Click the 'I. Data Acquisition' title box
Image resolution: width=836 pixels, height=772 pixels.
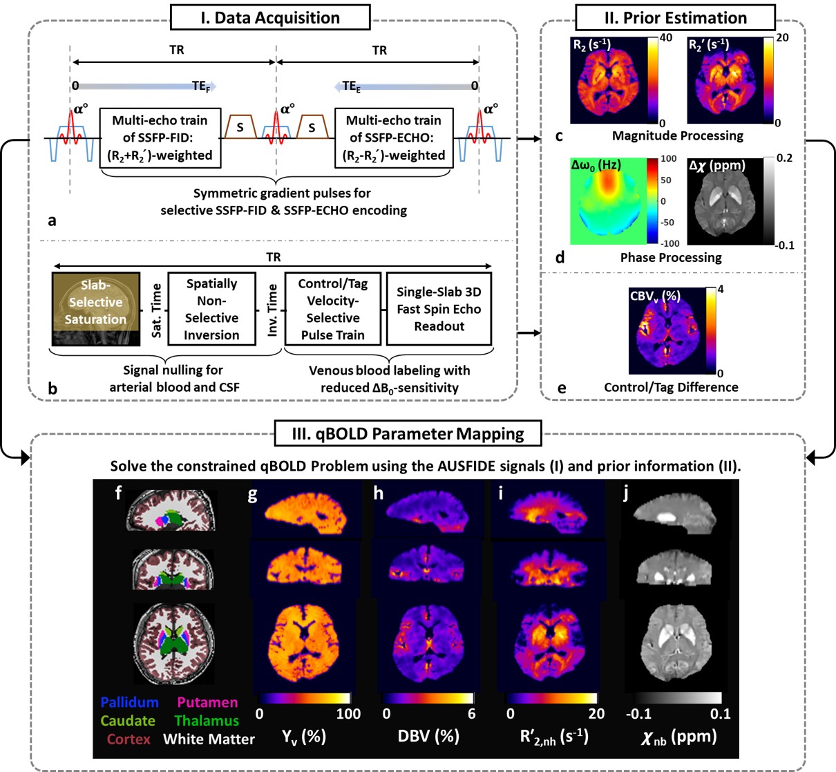pos(270,18)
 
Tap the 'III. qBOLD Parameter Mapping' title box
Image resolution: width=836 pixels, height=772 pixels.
pos(408,434)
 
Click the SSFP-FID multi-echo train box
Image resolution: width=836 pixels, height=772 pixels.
pos(160,138)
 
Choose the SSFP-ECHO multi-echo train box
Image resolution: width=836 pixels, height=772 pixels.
pos(394,138)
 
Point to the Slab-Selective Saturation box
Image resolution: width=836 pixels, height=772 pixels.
pos(95,308)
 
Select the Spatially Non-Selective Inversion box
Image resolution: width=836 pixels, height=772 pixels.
pos(211,308)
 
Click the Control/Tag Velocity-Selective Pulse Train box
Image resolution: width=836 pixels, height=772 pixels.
pos(333,308)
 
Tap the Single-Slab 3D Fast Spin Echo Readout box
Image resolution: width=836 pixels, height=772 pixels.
pos(439,308)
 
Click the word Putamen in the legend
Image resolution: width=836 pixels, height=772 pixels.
pos(207,703)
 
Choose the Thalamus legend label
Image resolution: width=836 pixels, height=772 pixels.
pos(207,721)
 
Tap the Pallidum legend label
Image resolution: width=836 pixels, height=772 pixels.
pos(129,703)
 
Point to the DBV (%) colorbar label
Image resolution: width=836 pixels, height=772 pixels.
pos(428,736)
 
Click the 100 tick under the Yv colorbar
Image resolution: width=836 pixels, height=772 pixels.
pos(348,714)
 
